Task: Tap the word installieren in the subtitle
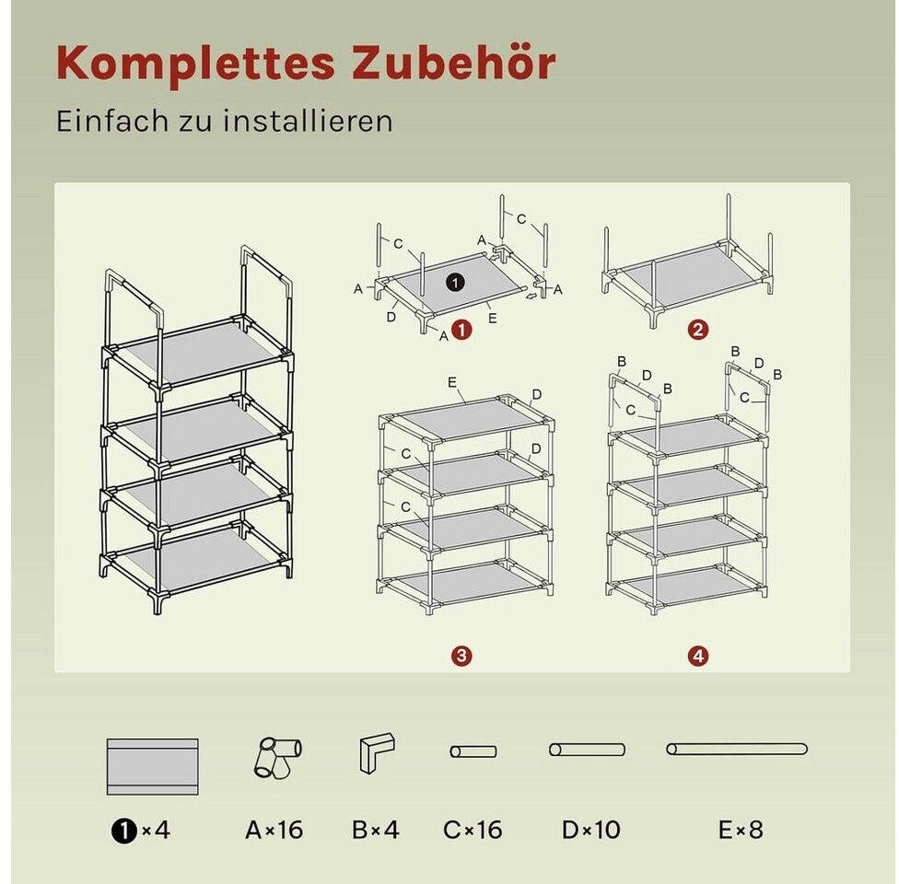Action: (308, 121)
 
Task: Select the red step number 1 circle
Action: (461, 330)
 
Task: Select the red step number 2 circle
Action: (698, 330)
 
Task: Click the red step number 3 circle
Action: (461, 656)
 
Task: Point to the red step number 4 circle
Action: (698, 656)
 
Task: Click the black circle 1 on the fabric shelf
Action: (455, 282)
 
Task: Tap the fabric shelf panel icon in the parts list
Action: (153, 766)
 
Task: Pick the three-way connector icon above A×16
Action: (278, 757)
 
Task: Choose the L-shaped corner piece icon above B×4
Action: (377, 752)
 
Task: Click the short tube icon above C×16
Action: (473, 751)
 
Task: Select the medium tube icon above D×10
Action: (587, 750)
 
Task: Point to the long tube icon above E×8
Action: (737, 749)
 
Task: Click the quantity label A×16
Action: (274, 830)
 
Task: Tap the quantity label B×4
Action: (376, 830)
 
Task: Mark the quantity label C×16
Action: (473, 830)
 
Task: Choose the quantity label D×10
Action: (591, 830)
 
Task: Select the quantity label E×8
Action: (741, 830)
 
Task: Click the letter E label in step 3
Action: (451, 382)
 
